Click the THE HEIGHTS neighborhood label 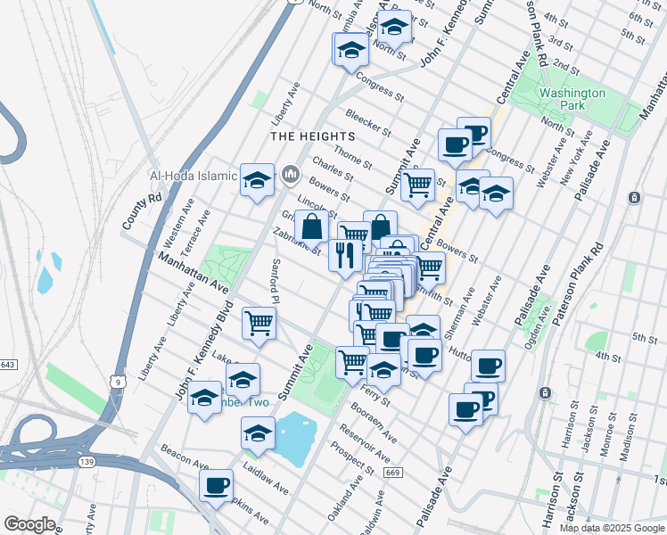tap(312, 136)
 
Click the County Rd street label tap(143, 210)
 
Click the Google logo tap(29, 524)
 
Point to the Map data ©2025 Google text tap(612, 528)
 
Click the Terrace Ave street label tap(197, 230)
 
